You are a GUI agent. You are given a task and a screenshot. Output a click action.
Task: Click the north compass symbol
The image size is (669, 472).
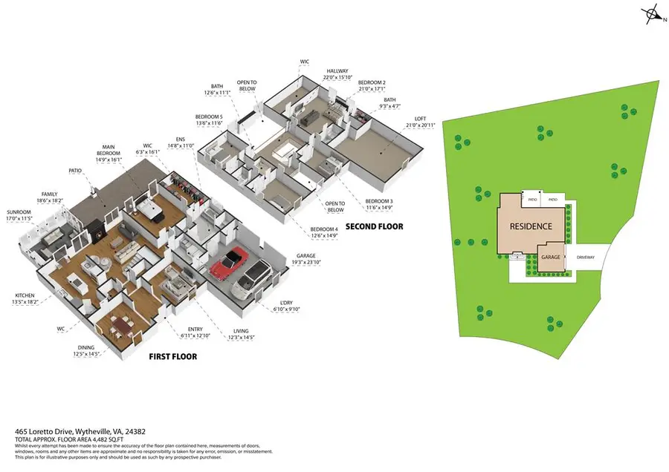[x=653, y=14]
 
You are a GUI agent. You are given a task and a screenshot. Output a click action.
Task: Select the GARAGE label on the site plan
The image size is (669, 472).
[x=551, y=257]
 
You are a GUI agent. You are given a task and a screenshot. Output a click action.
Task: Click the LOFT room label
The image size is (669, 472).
[x=420, y=117]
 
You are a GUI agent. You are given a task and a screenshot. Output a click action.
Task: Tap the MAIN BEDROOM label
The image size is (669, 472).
[x=113, y=148]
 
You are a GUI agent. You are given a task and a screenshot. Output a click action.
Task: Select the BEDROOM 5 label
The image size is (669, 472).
[x=209, y=117]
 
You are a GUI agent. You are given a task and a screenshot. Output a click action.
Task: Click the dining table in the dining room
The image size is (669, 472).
[x=120, y=324]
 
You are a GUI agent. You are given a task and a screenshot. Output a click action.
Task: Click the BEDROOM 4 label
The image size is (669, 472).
[x=323, y=230]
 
